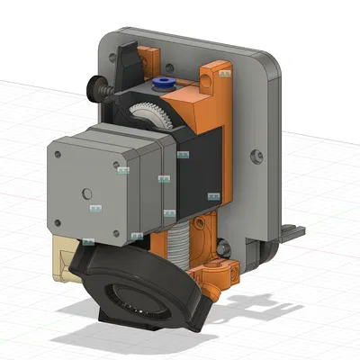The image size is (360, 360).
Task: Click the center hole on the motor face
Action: [x=86, y=192]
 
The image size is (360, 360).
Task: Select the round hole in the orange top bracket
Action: [x=209, y=81]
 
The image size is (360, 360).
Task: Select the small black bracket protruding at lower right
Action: [x=288, y=231]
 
